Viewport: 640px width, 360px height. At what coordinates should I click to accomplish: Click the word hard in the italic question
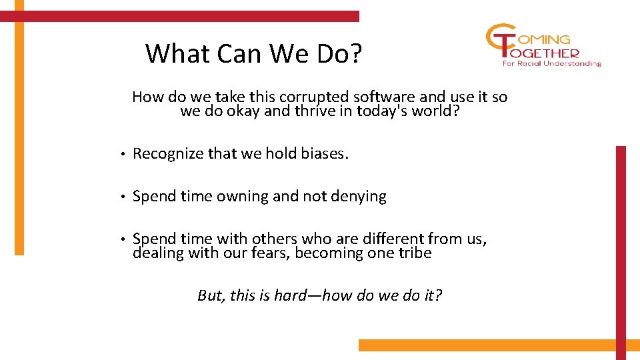coord(290,295)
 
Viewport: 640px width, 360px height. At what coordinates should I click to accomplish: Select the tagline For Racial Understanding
coord(551,64)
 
